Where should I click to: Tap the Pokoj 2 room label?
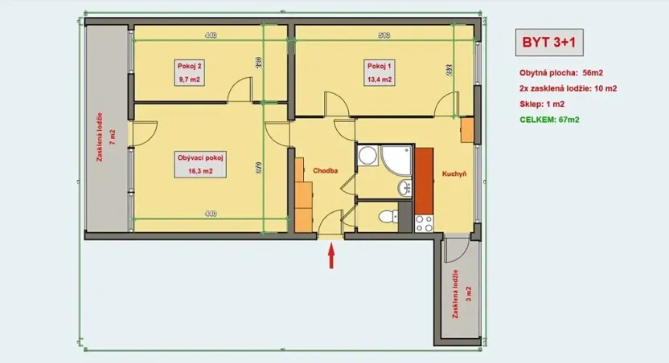click(x=187, y=65)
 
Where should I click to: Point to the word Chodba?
click(x=324, y=170)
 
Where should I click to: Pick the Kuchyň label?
click(x=454, y=173)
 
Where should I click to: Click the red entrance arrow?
click(x=330, y=256)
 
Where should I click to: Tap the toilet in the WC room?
click(x=386, y=216)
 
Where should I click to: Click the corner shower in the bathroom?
click(x=371, y=156)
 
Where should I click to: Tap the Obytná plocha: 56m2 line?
click(x=556, y=72)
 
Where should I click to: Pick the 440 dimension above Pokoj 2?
click(x=211, y=35)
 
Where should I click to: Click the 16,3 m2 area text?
click(x=195, y=171)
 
